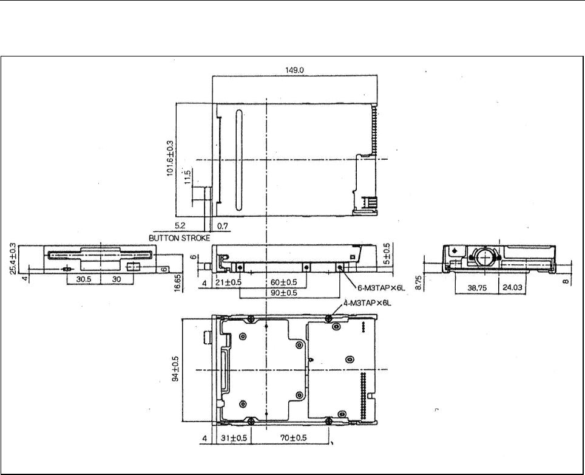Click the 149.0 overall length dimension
(294, 70)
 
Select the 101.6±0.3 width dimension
(170, 158)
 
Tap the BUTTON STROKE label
(180, 238)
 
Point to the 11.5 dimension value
(188, 177)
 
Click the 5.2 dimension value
(180, 226)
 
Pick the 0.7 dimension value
(223, 226)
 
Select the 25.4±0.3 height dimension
(13, 259)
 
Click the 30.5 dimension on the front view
(84, 279)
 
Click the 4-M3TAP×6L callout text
(367, 303)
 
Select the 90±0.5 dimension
(284, 293)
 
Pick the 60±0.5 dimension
(284, 282)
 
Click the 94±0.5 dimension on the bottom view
(175, 369)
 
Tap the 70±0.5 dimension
(294, 437)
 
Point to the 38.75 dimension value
(477, 288)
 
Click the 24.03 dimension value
(513, 287)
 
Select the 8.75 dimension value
(418, 282)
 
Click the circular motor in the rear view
(485, 257)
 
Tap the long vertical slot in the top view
(238, 160)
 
